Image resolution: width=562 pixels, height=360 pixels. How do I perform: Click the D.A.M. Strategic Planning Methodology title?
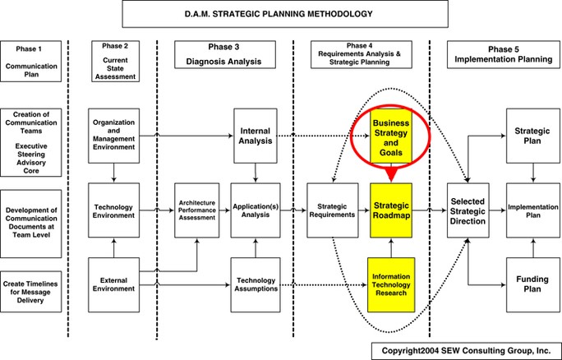[279, 14]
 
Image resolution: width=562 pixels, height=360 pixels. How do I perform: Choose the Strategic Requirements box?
[331, 210]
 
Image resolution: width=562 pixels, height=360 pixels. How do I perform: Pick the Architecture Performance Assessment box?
[197, 210]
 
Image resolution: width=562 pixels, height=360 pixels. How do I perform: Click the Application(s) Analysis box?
[256, 210]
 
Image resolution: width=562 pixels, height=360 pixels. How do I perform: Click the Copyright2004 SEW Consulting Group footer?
[461, 349]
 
